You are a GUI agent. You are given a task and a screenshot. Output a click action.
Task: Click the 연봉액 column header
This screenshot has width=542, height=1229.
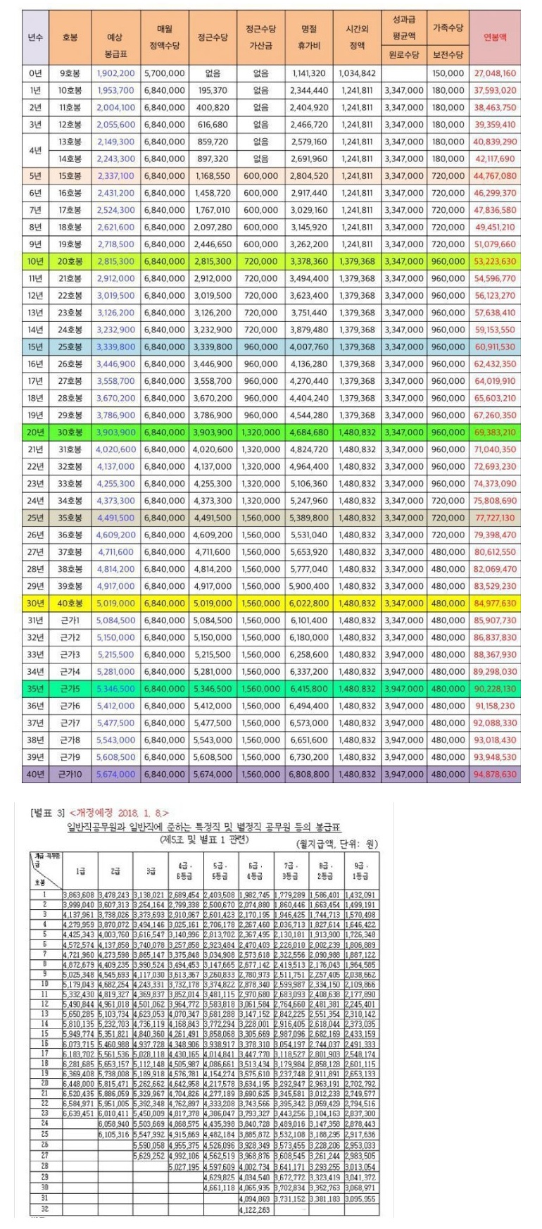point(495,38)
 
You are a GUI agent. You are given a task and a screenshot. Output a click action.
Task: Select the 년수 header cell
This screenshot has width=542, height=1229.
point(35,38)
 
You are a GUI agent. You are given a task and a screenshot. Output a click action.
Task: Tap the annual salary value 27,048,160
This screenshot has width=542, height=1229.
point(495,73)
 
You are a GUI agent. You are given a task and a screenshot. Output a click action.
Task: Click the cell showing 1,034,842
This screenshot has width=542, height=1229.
point(357,73)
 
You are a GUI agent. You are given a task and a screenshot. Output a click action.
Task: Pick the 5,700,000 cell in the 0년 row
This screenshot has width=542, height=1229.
point(165,73)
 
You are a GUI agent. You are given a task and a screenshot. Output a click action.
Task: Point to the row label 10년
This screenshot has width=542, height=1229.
point(35,261)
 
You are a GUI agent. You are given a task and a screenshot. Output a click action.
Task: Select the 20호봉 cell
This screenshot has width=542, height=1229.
point(70,261)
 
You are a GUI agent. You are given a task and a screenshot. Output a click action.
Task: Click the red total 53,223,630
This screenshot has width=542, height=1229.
point(495,261)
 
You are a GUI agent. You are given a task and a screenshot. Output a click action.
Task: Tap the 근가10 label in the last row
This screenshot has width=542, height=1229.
point(70,774)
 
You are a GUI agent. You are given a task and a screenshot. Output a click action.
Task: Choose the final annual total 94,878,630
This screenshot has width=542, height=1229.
point(495,774)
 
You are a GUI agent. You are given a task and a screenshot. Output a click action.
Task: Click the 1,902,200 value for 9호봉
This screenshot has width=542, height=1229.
point(116,73)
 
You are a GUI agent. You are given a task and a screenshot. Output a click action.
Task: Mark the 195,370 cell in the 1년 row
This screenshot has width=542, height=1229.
point(213,90)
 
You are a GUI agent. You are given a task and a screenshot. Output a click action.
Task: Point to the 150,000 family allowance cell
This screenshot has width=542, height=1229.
point(448,73)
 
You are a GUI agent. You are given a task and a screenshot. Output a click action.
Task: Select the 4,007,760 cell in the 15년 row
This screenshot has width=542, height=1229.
point(309,347)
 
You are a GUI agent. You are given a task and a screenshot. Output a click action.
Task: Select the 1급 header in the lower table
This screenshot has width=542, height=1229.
point(80,871)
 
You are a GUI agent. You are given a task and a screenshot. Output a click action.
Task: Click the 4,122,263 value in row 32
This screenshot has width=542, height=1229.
point(255,1210)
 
